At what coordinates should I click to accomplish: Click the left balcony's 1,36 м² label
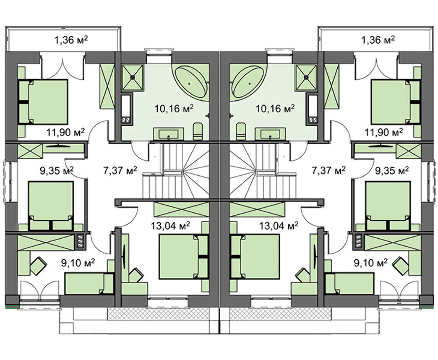(71, 40)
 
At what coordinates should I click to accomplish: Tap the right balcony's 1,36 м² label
(378, 40)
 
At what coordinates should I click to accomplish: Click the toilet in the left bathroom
(198, 131)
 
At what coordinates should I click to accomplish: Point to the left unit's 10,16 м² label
(174, 108)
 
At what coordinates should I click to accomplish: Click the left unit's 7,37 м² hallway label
(120, 170)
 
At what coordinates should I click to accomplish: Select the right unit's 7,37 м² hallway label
(328, 170)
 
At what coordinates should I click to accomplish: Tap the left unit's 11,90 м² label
(65, 132)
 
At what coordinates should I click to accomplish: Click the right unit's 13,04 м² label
(279, 226)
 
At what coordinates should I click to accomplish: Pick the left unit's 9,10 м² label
(78, 263)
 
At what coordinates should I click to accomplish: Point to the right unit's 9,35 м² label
(392, 170)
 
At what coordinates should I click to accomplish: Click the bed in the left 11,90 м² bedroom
(43, 102)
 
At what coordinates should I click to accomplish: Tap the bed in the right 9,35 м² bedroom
(388, 206)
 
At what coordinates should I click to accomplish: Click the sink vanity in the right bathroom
(270, 134)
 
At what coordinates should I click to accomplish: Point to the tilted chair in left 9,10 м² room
(39, 265)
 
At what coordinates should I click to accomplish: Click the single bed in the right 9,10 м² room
(350, 283)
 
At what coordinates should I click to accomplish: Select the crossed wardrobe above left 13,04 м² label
(181, 209)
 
